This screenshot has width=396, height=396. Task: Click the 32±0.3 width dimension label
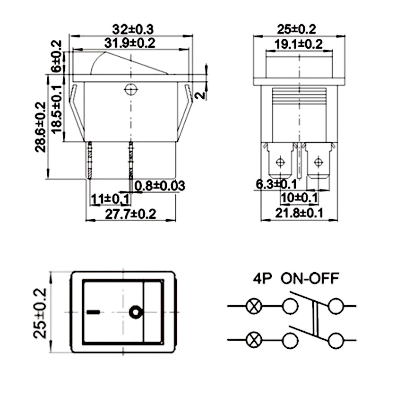click(133, 29)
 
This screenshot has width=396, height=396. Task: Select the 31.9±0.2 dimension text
click(130, 43)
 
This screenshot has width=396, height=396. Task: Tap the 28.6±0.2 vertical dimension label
click(41, 127)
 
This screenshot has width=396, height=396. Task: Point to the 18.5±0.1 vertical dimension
click(57, 109)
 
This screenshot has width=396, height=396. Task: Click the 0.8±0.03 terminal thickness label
click(160, 186)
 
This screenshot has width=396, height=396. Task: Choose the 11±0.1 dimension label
click(111, 199)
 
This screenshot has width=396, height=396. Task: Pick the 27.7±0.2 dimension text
click(130, 214)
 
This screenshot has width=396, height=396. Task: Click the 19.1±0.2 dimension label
click(299, 44)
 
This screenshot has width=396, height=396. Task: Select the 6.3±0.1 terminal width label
click(276, 184)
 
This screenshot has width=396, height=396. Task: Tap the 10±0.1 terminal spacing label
click(299, 197)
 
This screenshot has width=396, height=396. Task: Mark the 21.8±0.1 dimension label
click(299, 213)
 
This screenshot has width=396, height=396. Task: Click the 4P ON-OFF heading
click(296, 278)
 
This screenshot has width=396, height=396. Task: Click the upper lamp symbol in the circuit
click(254, 306)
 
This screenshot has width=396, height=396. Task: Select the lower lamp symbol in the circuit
click(254, 340)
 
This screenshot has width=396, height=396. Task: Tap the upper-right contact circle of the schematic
click(336, 306)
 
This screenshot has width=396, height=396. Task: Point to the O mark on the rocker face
click(136, 312)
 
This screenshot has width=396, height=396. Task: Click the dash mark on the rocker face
click(93, 312)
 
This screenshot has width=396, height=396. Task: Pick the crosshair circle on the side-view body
click(131, 89)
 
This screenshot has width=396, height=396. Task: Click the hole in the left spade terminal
click(280, 162)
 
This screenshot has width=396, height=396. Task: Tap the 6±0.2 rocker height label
click(56, 56)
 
